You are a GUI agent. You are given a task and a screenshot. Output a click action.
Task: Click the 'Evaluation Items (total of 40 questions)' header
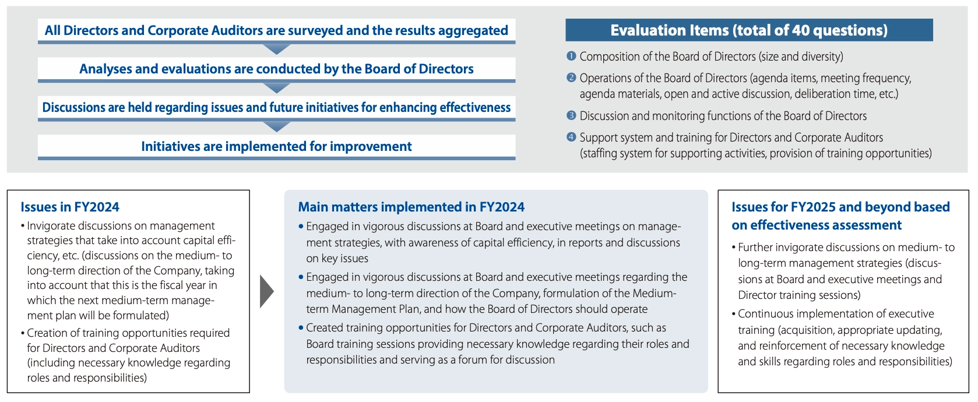point(749,30)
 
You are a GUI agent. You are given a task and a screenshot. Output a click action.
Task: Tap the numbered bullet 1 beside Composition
point(571,56)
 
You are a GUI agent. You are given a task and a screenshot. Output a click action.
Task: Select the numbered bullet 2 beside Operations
point(571,77)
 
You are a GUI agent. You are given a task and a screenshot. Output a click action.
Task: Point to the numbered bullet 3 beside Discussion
point(571,116)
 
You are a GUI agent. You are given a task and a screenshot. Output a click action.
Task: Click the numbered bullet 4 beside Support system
point(571,137)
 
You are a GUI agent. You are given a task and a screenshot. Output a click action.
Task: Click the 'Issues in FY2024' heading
point(70,207)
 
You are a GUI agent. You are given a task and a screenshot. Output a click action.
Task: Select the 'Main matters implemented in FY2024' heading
point(411,207)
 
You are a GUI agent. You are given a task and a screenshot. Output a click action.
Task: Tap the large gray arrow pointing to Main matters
point(267,291)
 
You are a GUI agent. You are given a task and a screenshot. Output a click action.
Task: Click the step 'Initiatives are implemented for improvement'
point(276,146)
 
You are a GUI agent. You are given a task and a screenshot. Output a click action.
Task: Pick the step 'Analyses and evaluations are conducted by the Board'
point(276,69)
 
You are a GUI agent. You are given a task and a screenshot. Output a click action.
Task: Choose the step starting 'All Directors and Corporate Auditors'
point(276,30)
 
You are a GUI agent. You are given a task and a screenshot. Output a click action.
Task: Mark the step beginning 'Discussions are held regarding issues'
point(276,107)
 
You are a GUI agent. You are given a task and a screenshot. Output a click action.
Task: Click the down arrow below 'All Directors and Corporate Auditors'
point(277,49)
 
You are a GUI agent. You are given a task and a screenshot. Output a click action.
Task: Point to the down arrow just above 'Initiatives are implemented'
point(277,126)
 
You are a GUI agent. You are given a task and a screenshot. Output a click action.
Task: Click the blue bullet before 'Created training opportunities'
point(301,328)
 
